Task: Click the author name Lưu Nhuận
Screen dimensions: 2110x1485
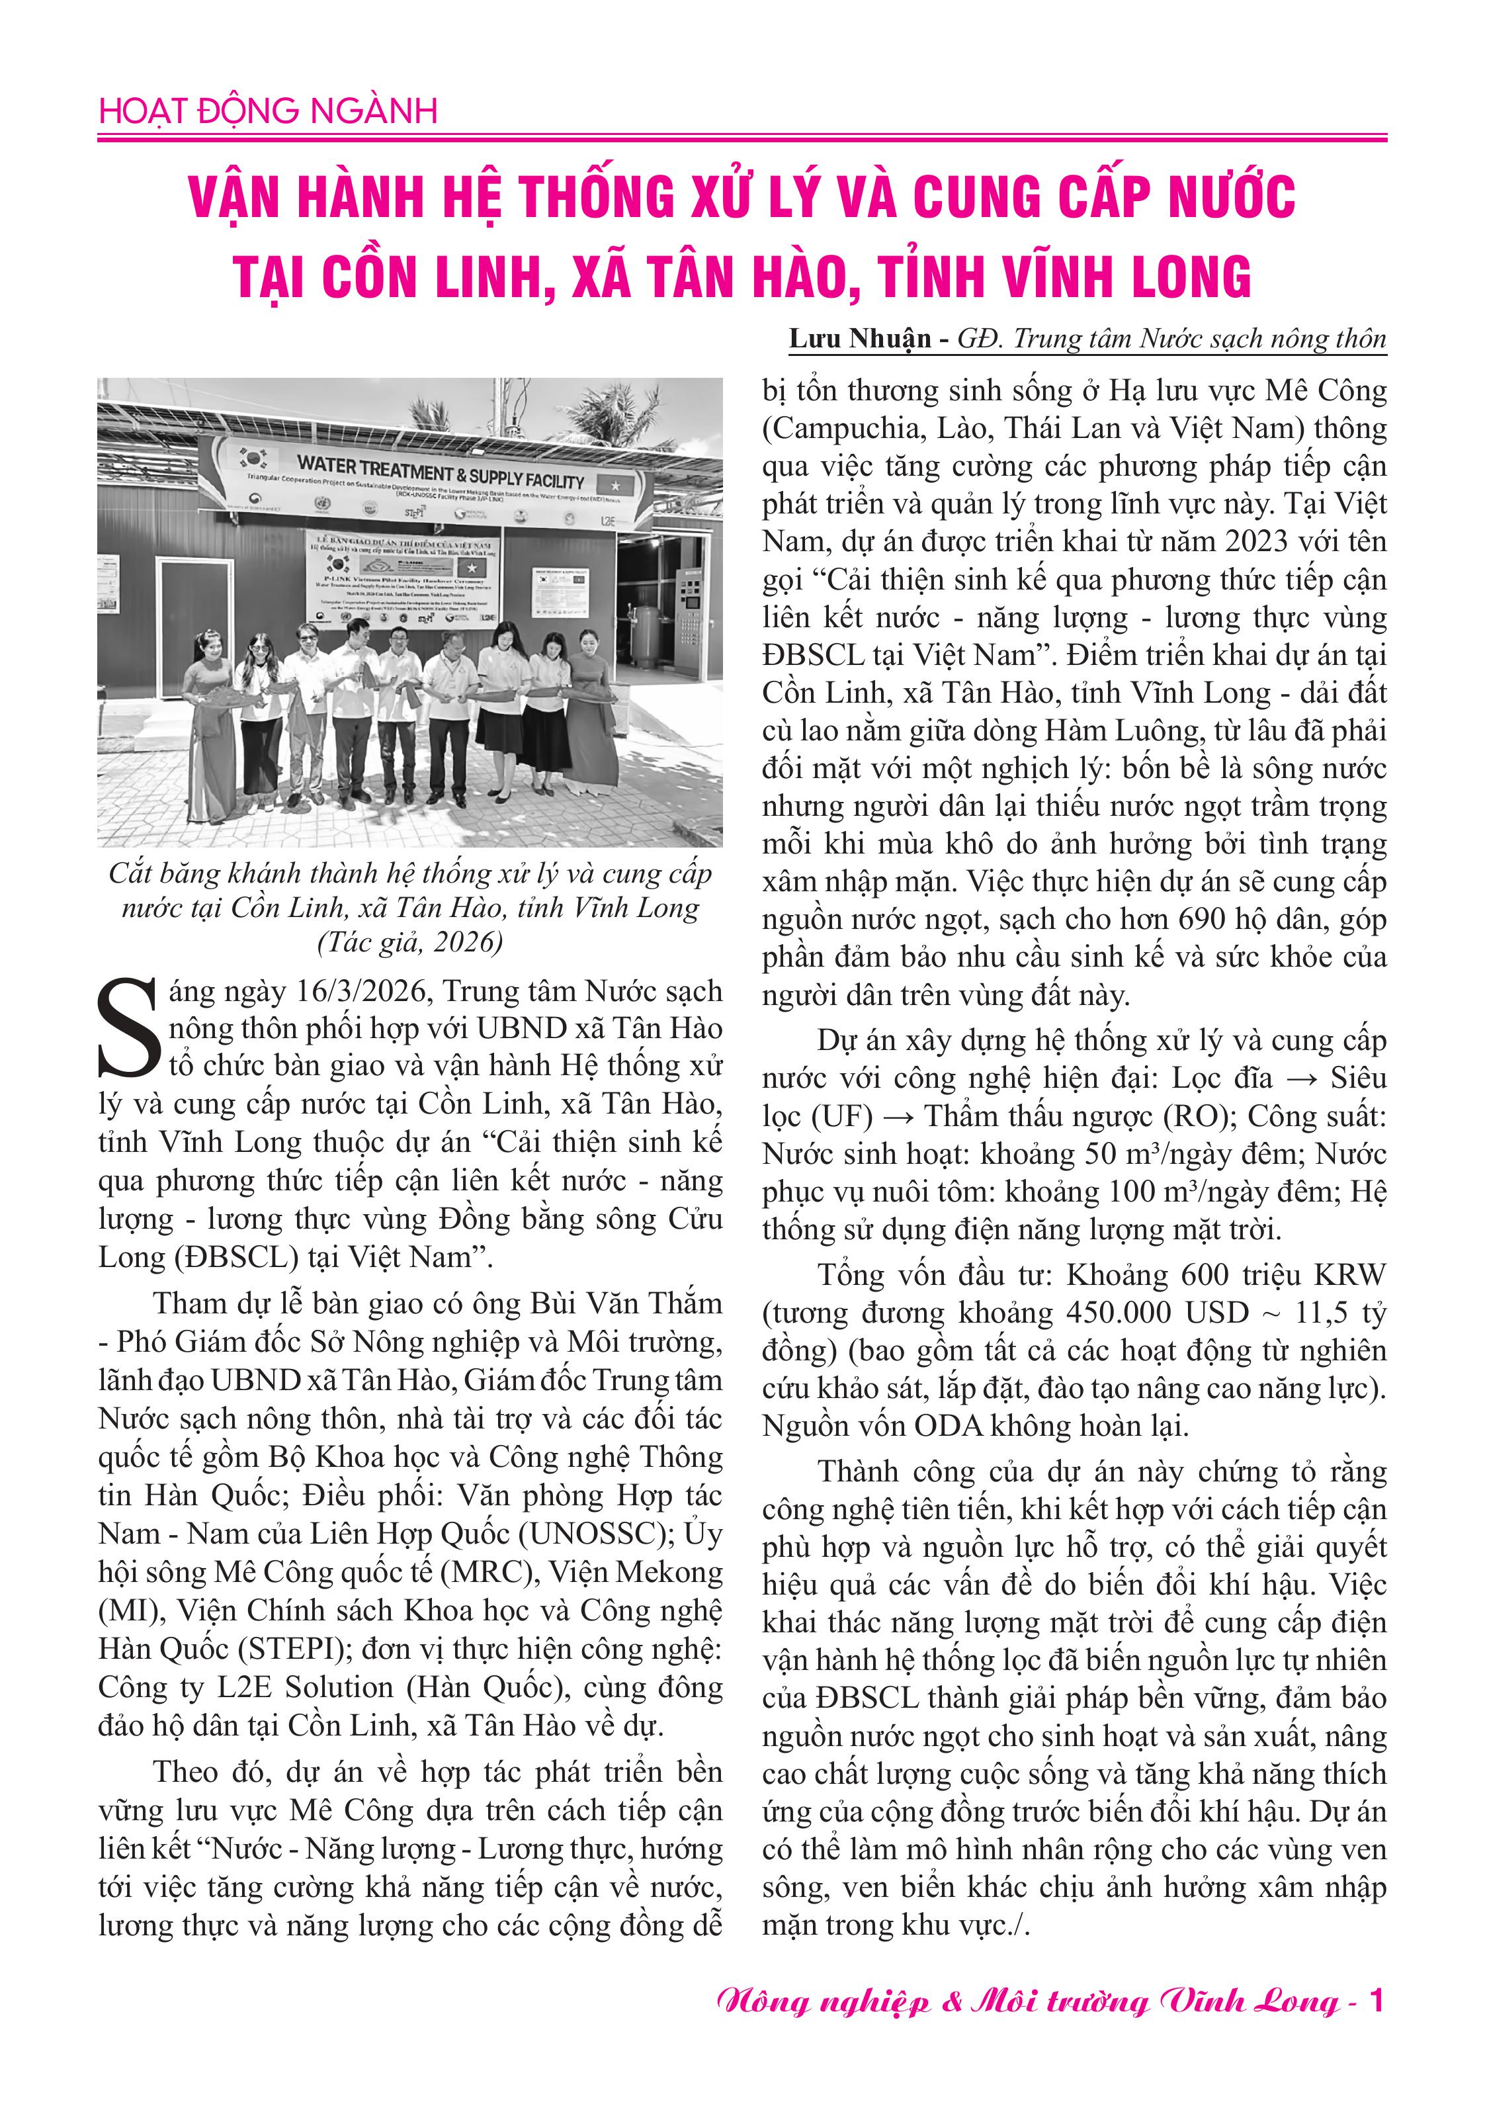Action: [x=860, y=339]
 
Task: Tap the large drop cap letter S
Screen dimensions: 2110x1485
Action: [x=130, y=1028]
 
